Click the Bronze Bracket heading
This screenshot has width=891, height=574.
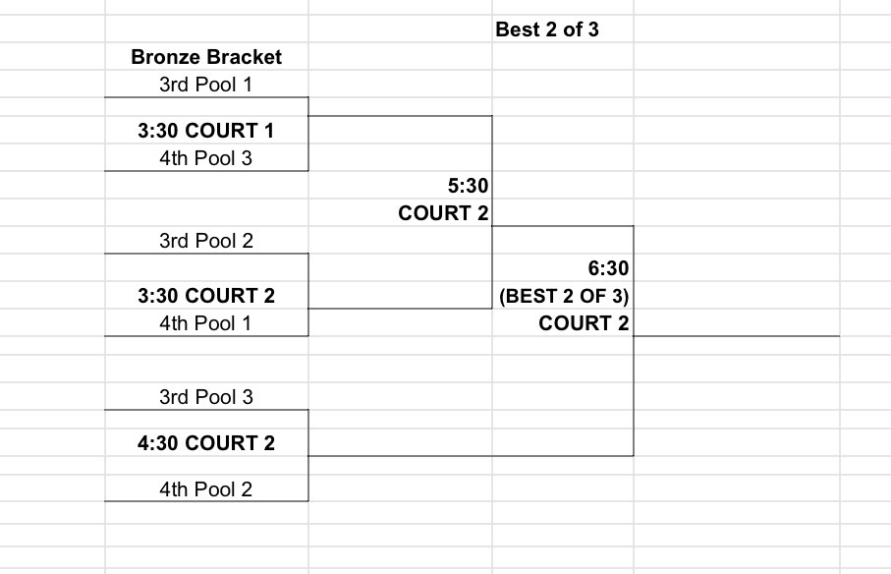coord(206,57)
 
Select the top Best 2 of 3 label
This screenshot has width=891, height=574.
coord(547,29)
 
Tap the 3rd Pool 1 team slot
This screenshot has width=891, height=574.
coord(205,85)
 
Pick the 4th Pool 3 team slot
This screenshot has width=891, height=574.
coord(205,158)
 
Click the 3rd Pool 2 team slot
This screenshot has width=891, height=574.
coord(206,241)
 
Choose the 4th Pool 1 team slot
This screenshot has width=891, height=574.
coord(205,323)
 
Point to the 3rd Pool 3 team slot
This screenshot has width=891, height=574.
coord(206,397)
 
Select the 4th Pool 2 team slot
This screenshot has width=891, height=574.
coord(205,489)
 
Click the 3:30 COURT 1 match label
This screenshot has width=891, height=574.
coord(206,131)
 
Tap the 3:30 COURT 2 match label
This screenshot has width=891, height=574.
coord(206,296)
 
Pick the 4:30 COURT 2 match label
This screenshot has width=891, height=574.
coord(206,443)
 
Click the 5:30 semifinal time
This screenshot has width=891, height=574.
coord(469,186)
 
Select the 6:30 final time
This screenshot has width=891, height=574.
coord(609,268)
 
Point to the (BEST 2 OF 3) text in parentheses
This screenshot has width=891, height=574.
coord(564,296)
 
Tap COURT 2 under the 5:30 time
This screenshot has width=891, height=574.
coord(443,213)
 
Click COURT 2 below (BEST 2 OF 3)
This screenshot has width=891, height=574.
coord(585,323)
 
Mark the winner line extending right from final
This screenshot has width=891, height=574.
coord(737,336)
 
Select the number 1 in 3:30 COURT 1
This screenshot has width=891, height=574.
coord(268,131)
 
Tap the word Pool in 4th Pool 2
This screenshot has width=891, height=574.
coord(214,489)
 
